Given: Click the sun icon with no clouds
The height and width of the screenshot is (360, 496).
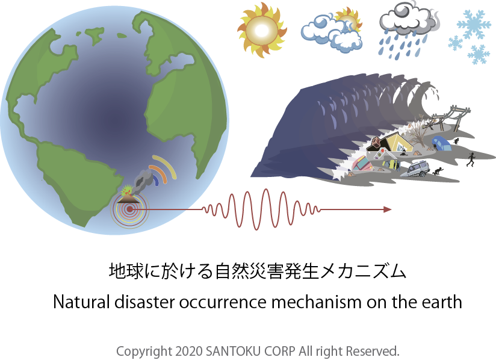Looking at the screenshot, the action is (x=262, y=30).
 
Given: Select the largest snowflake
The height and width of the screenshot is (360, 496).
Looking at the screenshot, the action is (x=474, y=24).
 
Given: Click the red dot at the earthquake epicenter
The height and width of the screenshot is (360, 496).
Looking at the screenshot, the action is (x=129, y=209).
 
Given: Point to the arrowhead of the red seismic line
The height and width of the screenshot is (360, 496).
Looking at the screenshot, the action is (x=388, y=209).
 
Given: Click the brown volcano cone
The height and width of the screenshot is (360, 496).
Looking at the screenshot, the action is (x=128, y=199).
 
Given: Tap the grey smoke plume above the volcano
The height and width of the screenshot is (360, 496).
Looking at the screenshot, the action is (x=143, y=181).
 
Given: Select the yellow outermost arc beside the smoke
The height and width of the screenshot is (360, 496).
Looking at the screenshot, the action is (x=167, y=165).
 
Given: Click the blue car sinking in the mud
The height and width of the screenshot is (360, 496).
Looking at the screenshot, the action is (x=441, y=143).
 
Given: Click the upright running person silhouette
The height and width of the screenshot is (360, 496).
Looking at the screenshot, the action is (x=471, y=159).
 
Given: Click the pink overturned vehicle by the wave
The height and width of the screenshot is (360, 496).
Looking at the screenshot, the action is (x=363, y=164).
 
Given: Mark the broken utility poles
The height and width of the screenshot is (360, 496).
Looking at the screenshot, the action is (x=447, y=118).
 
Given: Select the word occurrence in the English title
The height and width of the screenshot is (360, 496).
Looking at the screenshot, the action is (x=223, y=302).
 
